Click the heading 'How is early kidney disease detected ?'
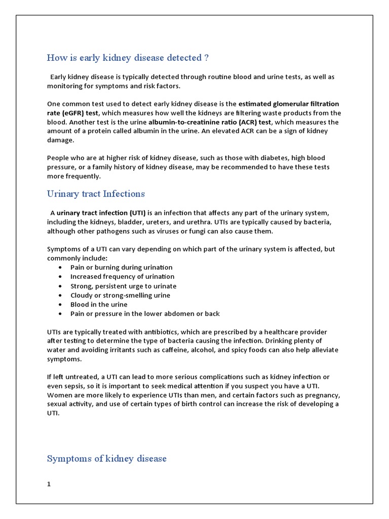(x=128, y=58)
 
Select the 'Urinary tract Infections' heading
(x=96, y=194)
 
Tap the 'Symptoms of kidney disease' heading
(x=106, y=459)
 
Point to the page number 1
(x=49, y=484)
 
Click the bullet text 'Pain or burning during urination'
(x=121, y=267)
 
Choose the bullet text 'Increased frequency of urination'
(x=122, y=277)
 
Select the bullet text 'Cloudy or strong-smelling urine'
(x=120, y=295)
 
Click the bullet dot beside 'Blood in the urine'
(x=60, y=305)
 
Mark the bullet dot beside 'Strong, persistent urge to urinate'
(x=60, y=286)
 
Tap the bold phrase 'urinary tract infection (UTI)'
(x=101, y=212)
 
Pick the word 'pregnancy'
(x=321, y=395)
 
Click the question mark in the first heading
(x=206, y=58)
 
